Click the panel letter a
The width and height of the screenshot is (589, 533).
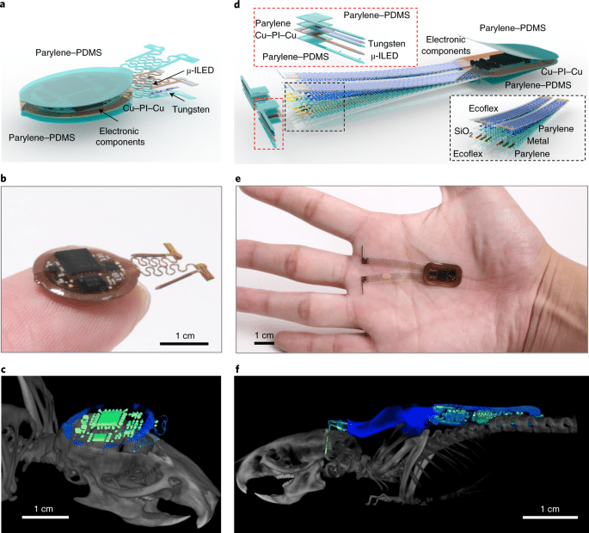pyautogui.click(x=3, y=4)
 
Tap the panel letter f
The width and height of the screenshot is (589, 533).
pyautogui.click(x=237, y=370)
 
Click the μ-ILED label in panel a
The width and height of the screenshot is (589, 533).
pyautogui.click(x=199, y=70)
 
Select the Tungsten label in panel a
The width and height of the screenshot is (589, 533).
pyautogui.click(x=191, y=109)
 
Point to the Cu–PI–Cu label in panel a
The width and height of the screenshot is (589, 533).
pyautogui.click(x=144, y=108)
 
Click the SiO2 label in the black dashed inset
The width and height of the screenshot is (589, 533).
pyautogui.click(x=463, y=132)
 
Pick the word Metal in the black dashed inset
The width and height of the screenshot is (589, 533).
pyautogui.click(x=538, y=141)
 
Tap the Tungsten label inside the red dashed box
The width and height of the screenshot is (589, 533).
pyautogui.click(x=387, y=44)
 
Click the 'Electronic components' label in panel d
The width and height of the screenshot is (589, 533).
pyautogui.click(x=446, y=45)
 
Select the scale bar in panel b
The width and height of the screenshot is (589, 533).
pyautogui.click(x=184, y=343)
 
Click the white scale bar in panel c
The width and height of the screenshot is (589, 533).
pyautogui.click(x=46, y=517)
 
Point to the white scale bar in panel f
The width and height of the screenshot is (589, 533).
pyautogui.click(x=550, y=518)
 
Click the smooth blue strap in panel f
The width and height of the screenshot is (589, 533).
pyautogui.click(x=387, y=420)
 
